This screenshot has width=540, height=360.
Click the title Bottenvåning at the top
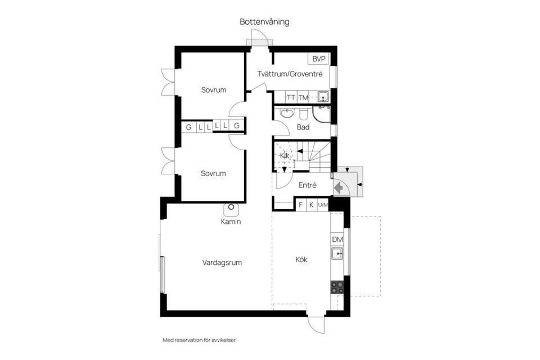264,22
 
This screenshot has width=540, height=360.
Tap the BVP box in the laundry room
319,59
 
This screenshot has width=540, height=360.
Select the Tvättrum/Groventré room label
290,74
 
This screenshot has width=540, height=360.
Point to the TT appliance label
291,97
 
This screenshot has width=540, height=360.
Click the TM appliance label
303,97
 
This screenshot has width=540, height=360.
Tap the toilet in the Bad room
304,114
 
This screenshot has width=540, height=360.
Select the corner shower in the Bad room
322,114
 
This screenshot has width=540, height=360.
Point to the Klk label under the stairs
285,155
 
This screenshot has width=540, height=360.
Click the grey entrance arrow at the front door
340,187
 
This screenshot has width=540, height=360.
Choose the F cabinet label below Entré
301,205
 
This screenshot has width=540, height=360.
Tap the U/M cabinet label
323,205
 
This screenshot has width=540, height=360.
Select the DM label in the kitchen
337,240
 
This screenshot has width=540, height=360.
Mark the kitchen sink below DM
337,255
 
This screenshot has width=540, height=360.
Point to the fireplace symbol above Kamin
231,209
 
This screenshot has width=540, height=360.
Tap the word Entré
307,185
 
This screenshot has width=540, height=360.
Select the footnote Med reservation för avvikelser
199,340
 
